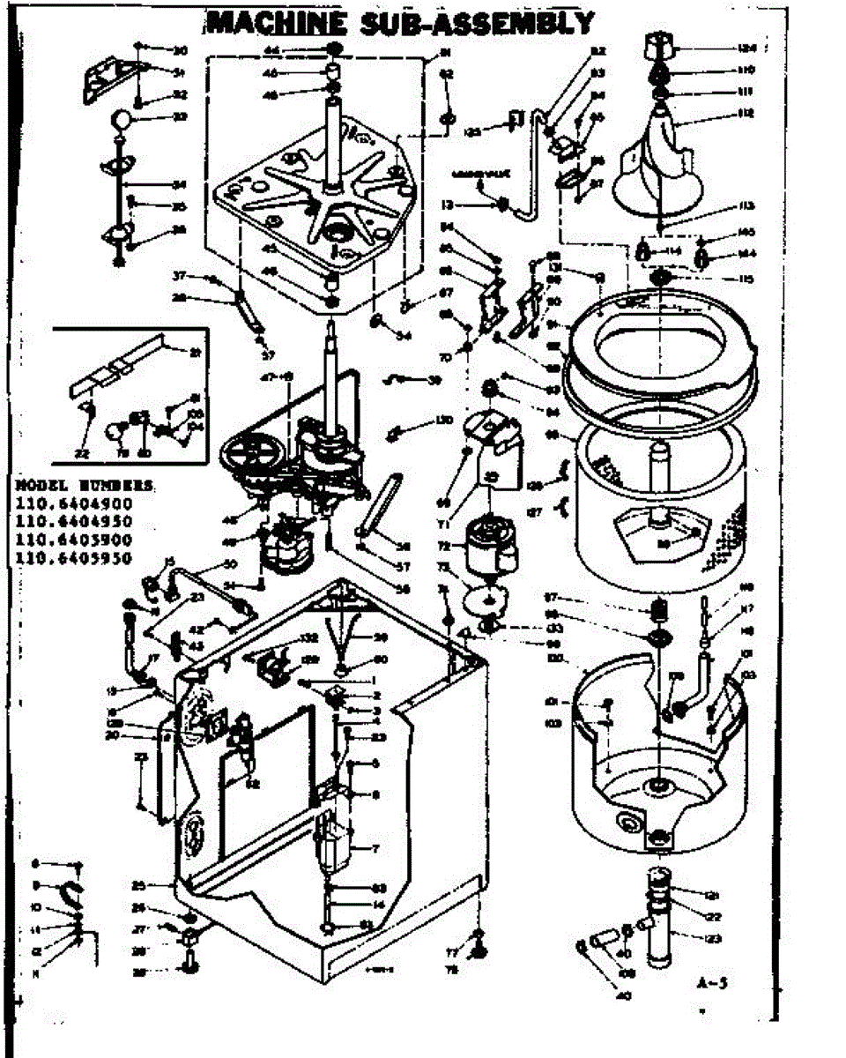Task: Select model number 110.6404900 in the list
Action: pos(73,504)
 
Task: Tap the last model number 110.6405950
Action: pos(73,557)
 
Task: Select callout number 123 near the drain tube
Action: pos(712,938)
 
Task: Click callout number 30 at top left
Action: pos(181,49)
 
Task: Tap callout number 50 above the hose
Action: pos(232,563)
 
